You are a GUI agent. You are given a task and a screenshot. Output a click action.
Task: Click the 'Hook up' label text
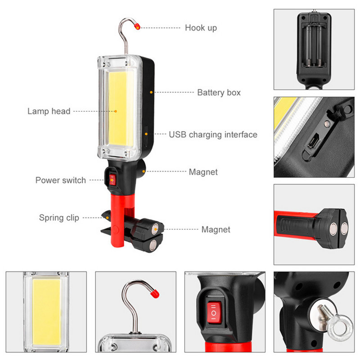(x=201, y=28)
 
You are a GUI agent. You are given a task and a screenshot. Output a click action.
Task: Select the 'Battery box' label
(x=219, y=93)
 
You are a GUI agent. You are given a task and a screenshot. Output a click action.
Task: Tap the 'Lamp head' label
(x=49, y=111)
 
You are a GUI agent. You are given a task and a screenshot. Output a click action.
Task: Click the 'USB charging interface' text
(x=213, y=135)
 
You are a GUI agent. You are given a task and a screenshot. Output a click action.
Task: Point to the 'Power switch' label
(x=61, y=180)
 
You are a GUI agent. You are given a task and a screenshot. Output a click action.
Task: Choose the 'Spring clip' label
(x=59, y=218)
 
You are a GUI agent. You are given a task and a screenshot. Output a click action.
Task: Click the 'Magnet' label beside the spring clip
(x=216, y=229)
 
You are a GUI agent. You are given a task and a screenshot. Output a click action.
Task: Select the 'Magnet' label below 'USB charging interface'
(x=203, y=172)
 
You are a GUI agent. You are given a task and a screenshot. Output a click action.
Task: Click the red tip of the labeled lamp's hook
(x=137, y=27)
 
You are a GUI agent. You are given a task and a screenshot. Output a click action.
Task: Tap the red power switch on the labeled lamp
(x=112, y=180)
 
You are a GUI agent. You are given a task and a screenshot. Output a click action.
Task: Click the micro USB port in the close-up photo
(x=312, y=143)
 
